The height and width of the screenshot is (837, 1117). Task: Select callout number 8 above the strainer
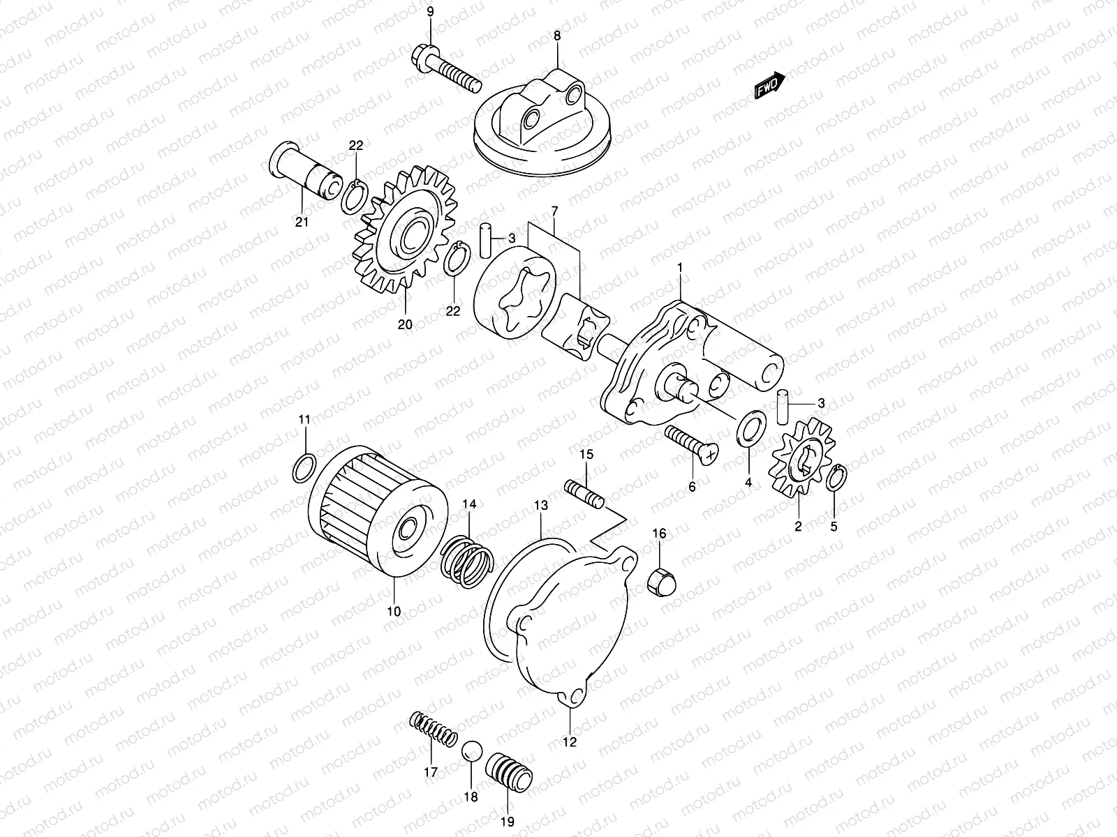557,35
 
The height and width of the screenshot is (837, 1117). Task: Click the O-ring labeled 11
304,467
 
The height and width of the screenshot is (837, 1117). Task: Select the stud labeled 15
585,492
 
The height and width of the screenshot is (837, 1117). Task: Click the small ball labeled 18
471,753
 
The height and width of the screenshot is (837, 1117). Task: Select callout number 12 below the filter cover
570,742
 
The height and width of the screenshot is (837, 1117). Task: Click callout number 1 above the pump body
679,267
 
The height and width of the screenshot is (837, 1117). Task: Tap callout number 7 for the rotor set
554,210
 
